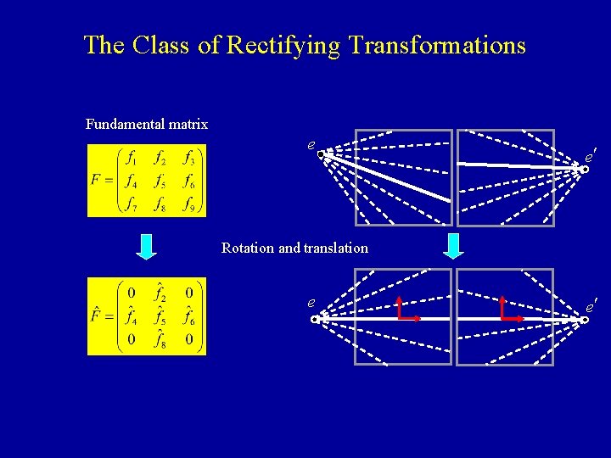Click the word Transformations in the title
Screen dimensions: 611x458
pos(433,46)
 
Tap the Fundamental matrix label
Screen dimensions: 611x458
pos(147,125)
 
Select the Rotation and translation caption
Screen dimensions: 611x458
pos(294,248)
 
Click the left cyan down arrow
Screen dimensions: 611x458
pos(147,246)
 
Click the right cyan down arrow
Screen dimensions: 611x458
pos(454,246)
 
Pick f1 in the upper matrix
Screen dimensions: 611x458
pos(131,158)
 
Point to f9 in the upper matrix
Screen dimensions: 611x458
pos(191,204)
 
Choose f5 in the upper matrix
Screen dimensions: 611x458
pos(160,181)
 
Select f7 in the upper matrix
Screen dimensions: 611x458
pos(131,204)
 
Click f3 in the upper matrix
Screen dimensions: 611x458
pos(191,158)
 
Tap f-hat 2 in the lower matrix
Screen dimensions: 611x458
pos(160,293)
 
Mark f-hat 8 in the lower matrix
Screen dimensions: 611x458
pos(160,340)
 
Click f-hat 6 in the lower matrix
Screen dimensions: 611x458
pos(191,317)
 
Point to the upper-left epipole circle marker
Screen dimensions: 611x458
pos(322,154)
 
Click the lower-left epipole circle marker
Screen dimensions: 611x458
pos(315,320)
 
